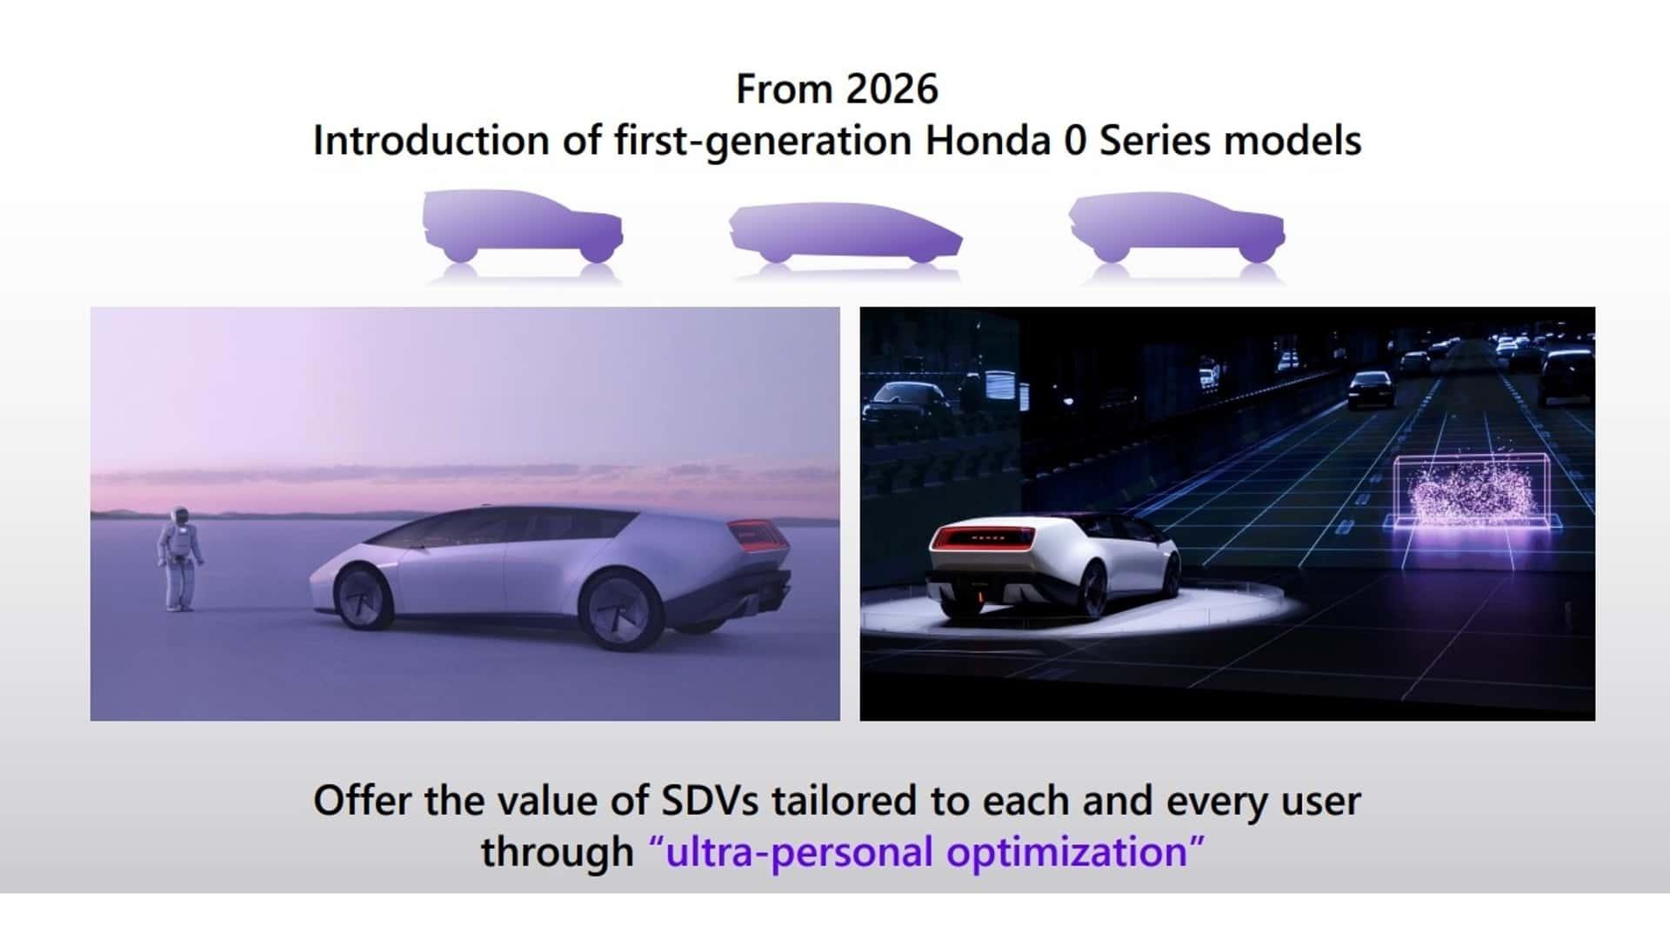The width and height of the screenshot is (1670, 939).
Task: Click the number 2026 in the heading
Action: click(892, 89)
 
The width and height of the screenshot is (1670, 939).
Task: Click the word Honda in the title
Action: click(988, 140)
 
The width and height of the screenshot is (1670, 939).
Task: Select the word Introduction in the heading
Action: click(431, 140)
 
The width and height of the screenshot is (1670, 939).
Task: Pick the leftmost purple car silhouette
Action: click(522, 227)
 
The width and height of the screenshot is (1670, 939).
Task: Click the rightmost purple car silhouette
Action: click(1177, 228)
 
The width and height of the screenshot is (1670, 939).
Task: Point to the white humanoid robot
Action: click(181, 558)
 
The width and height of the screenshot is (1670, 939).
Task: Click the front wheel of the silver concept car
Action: click(364, 596)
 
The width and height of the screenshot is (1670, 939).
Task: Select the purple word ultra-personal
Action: click(798, 851)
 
